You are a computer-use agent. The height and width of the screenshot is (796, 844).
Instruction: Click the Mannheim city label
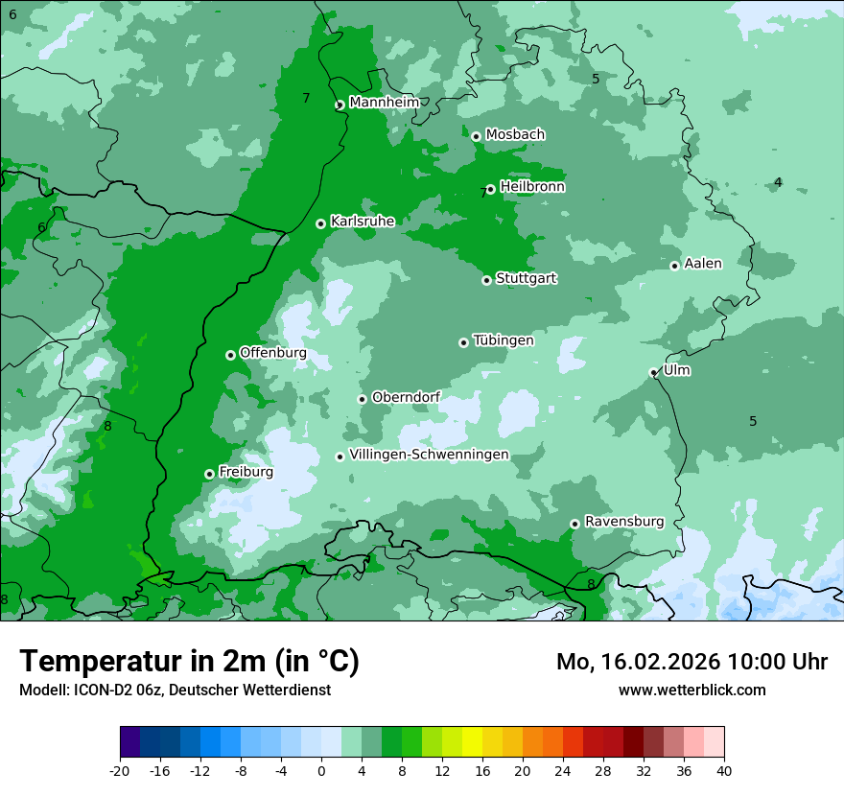384,103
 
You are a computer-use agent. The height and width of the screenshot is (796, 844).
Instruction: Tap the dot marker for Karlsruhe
320,223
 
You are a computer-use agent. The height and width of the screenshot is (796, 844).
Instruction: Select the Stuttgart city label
526,279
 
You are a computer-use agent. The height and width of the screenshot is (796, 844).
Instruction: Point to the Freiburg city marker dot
209,474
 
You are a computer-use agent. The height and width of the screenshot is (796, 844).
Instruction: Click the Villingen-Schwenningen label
429,455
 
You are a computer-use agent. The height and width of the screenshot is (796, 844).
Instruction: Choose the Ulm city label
676,370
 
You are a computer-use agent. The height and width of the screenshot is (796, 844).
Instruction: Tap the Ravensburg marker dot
574,524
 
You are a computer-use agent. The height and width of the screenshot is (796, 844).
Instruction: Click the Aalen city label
703,264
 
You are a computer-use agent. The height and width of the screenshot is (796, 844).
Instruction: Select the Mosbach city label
515,135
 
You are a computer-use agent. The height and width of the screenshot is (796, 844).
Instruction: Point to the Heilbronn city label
532,187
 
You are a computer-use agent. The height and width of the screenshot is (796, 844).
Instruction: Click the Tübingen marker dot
463,342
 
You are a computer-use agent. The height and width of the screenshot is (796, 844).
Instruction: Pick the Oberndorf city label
406,397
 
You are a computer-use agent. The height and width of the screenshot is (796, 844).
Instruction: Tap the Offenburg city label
272,353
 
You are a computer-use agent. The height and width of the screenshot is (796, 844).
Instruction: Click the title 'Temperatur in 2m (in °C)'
189,662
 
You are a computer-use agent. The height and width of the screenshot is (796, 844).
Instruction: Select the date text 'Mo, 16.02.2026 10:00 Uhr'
692,662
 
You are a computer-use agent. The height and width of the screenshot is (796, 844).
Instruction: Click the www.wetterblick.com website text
692,690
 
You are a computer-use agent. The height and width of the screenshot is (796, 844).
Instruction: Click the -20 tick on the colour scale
120,770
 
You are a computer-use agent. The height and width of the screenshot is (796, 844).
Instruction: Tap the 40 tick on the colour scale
724,770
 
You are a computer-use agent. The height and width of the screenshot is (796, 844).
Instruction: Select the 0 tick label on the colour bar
321,770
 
